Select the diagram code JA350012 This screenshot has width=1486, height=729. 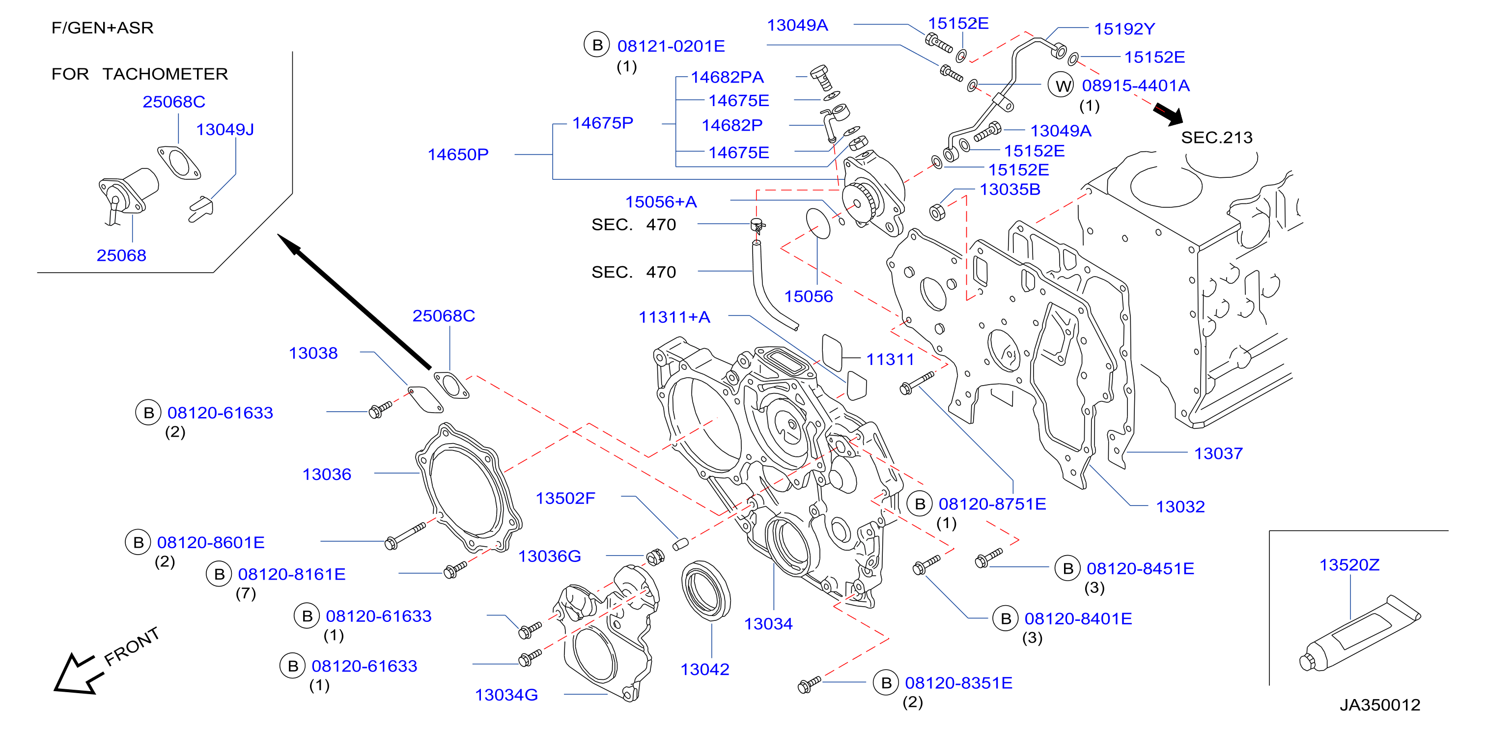point(1380,704)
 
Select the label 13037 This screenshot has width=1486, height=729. point(1218,453)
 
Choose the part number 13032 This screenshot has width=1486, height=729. point(1180,506)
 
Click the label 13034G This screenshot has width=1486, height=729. point(506,695)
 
